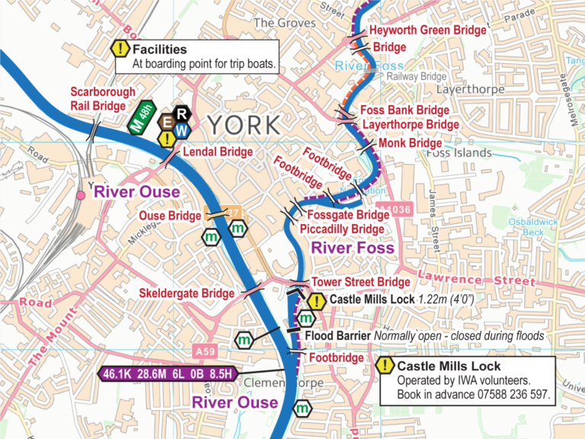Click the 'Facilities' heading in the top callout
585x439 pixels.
click(x=159, y=50)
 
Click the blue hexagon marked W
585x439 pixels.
click(x=181, y=130)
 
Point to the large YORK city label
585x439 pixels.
click(x=243, y=124)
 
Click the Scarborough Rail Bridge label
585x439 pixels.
click(x=103, y=99)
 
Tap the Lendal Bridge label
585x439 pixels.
click(x=217, y=152)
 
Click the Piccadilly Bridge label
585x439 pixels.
click(x=341, y=229)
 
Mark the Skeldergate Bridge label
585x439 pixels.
click(x=187, y=293)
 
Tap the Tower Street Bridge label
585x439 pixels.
click(x=360, y=283)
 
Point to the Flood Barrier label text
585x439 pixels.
click(x=337, y=336)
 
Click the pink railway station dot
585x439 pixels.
click(x=80, y=196)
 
